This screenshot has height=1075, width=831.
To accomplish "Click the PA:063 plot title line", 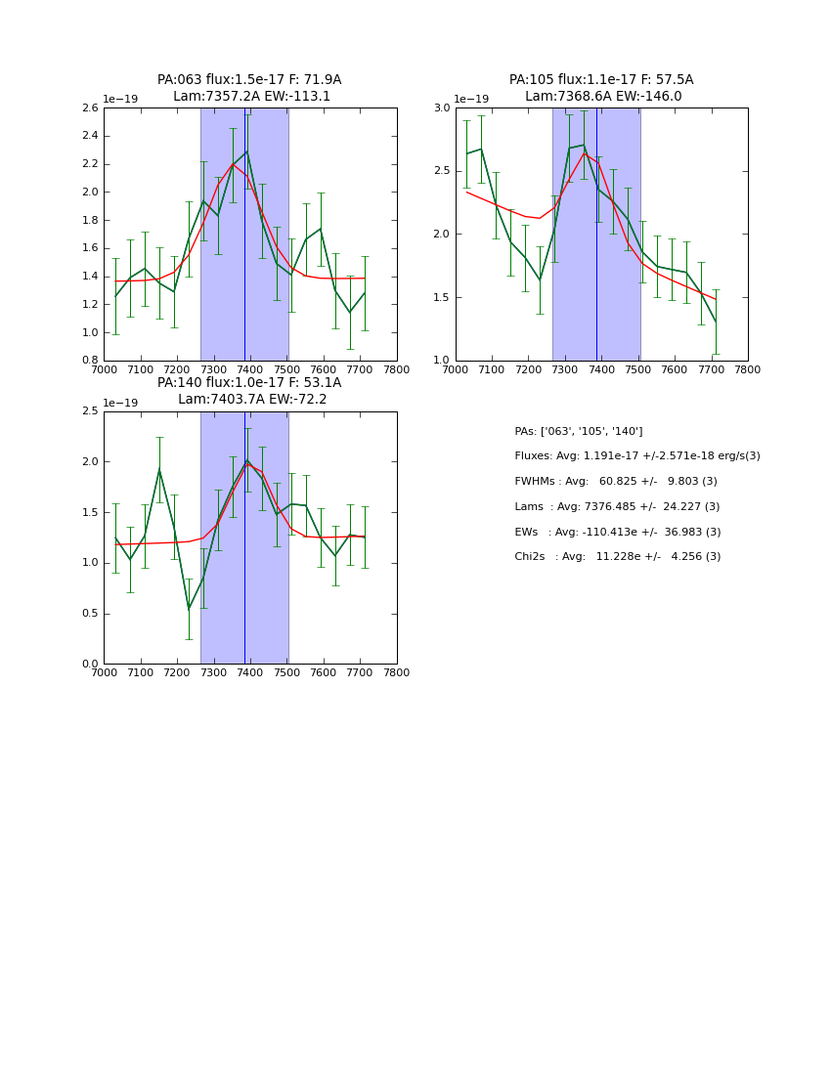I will point(249,80).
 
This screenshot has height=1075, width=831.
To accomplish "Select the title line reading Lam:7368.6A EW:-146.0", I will point(602,97).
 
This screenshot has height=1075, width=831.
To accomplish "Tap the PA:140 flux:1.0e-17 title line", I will point(249,383).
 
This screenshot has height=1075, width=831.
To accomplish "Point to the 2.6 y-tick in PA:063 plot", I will point(88,108).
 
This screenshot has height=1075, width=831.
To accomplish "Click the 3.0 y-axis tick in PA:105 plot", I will point(442,108).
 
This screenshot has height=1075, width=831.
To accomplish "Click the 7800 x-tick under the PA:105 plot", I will point(748,370).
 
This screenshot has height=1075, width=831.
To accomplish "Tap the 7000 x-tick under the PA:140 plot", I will point(104,673).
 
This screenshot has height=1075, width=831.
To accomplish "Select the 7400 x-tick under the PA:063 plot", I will point(250,370).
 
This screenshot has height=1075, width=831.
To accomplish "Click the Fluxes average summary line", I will point(636,456).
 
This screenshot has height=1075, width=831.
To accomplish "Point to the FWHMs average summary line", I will point(615,482).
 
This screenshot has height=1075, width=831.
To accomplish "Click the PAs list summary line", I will point(578,432).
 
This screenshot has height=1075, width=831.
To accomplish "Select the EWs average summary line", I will point(617,532).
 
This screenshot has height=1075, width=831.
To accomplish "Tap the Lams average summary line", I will point(617,507).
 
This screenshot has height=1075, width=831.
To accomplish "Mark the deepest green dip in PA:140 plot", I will point(189,609).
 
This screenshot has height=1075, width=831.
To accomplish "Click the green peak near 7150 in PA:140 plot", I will point(159,469).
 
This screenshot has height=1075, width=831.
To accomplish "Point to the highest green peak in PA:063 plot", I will point(246,151).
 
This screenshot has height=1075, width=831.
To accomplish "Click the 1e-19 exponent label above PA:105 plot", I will point(471,100).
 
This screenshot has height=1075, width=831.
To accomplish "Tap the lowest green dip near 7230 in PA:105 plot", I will point(540,280).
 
